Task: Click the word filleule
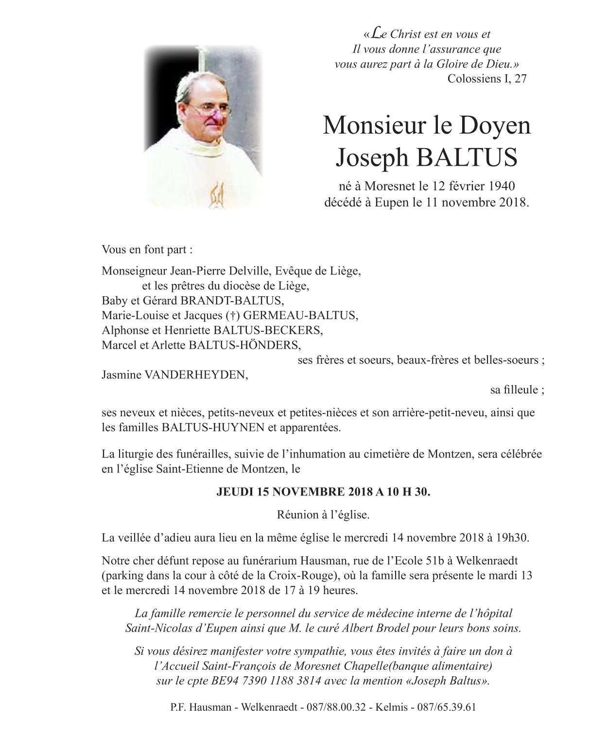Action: click(x=514, y=390)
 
